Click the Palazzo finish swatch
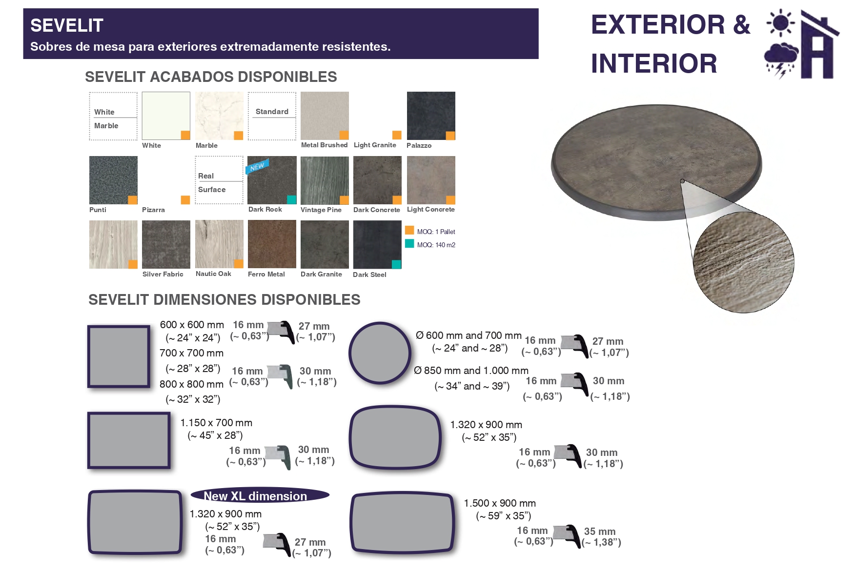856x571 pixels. coord(431,116)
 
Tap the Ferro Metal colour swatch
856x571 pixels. coord(272,244)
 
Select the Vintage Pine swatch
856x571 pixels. coord(325,180)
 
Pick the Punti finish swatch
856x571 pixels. coord(113,180)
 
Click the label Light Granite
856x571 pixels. coord(375,145)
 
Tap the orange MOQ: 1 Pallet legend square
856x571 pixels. coord(409,230)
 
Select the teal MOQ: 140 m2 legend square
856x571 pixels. coord(409,243)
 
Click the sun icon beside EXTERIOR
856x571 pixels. coord(781,22)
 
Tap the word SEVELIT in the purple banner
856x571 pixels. coord(67,25)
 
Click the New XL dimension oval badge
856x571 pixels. coord(260,495)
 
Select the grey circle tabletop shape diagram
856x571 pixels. coord(380,353)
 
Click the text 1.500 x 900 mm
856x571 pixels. coord(500,503)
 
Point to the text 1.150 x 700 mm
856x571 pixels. coord(216,423)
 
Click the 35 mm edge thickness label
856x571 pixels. coord(600,532)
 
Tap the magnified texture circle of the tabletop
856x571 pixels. coord(744,262)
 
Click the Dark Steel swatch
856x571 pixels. coord(377,244)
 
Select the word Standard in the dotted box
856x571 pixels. coord(272,112)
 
